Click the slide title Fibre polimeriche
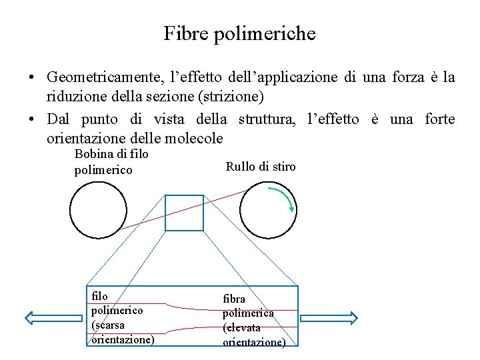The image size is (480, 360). [239, 33]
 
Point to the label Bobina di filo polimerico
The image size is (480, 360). [111, 162]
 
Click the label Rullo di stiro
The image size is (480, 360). [261, 167]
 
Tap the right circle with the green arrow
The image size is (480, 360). [267, 210]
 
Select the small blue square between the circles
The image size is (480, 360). [184, 213]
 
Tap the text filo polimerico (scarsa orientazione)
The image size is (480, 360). [122, 317]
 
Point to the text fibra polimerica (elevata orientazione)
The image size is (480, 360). [253, 320]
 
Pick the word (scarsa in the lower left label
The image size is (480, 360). [108, 325]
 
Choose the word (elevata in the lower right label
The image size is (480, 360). [242, 327]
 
